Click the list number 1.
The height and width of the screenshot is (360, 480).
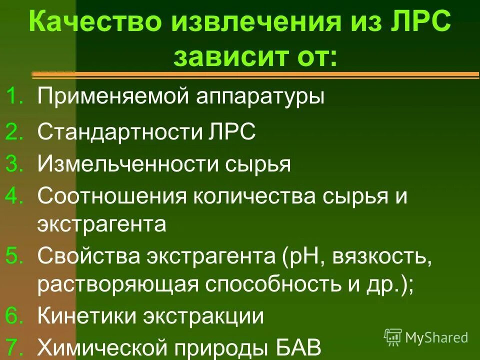coord(15,95)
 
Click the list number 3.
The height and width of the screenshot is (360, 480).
coord(15,164)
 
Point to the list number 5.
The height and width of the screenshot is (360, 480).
coord(15,256)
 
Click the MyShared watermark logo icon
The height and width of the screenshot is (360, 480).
coord(393,337)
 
